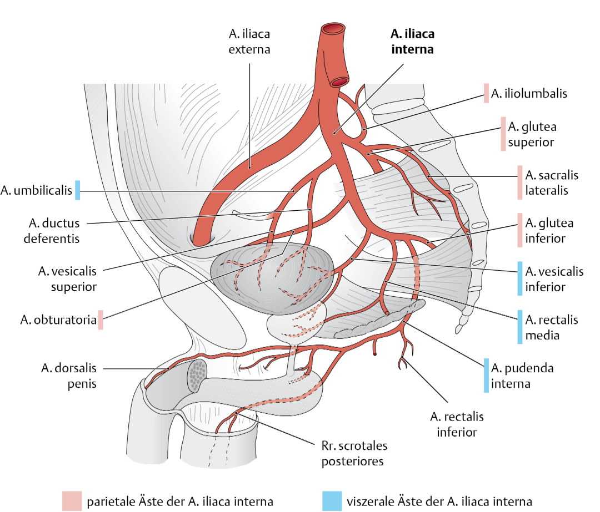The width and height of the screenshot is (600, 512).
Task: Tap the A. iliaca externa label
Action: click(249, 42)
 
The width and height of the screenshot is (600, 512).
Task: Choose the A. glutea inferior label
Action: click(549, 231)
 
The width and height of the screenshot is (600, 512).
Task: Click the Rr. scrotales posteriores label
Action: click(354, 453)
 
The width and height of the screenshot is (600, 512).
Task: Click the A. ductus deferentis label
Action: click(53, 231)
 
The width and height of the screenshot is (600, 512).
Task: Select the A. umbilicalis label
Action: click(37, 191)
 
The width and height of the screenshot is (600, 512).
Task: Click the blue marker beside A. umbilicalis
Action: click(78, 190)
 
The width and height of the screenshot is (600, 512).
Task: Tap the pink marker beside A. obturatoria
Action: click(101, 320)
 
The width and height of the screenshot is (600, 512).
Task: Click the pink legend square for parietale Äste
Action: click(72, 500)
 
